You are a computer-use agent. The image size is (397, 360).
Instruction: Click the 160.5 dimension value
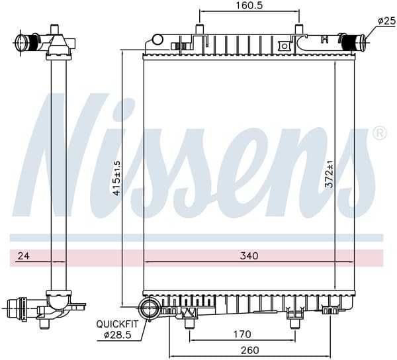pyautogui.click(x=249, y=5)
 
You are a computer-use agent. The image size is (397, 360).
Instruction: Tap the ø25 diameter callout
pyautogui.click(x=386, y=21)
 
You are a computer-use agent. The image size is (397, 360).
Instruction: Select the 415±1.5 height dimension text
pyautogui.click(x=116, y=178)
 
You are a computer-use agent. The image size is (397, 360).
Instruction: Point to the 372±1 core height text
pyautogui.click(x=330, y=174)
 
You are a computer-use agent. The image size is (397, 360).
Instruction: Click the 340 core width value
pyautogui.click(x=249, y=255)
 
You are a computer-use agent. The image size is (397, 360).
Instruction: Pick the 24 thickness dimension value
pyautogui.click(x=24, y=255)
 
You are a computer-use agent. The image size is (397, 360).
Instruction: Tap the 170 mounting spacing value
pyautogui.click(x=242, y=334)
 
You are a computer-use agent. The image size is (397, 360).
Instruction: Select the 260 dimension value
pyautogui.click(x=249, y=350)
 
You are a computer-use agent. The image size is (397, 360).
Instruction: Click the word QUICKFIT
pyautogui.click(x=117, y=324)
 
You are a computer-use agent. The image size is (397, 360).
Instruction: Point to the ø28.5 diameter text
pyautogui.click(x=118, y=336)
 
